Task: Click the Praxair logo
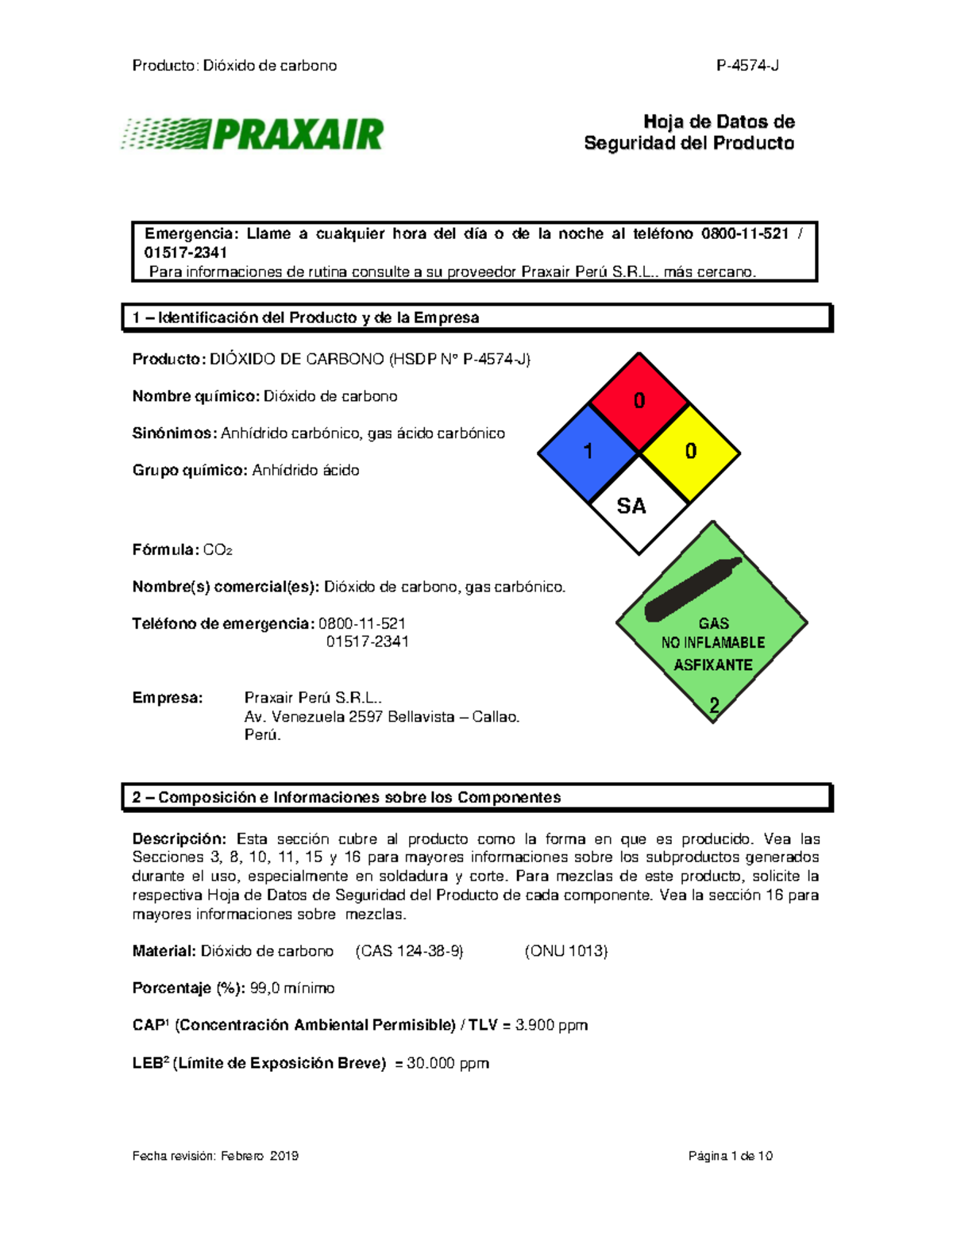[x=253, y=134]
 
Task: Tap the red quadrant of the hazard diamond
[x=639, y=401]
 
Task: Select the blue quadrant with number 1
[x=588, y=452]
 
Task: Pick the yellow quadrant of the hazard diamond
[x=690, y=452]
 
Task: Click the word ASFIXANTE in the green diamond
[x=712, y=665]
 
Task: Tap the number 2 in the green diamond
[x=714, y=704]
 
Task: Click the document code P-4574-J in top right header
[x=747, y=66]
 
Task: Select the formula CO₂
[x=218, y=549]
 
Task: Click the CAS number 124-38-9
[x=410, y=951]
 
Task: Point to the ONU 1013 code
[x=565, y=951]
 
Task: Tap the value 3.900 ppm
[x=551, y=1025]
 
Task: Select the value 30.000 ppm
[x=447, y=1063]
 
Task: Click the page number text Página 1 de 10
[x=730, y=1156]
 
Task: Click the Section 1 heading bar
[x=476, y=318]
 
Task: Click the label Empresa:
[x=168, y=698]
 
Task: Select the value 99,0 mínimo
[x=291, y=988]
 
